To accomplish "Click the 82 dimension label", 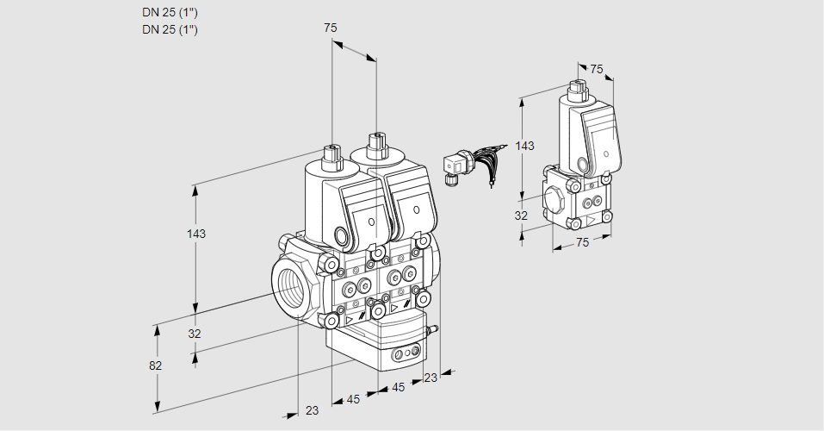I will (155, 365).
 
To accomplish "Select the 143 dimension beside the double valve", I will (196, 234).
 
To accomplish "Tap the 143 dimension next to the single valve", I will (524, 146).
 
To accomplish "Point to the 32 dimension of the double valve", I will (195, 334).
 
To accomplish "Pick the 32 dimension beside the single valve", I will (521, 215).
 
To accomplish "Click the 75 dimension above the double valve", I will (330, 28).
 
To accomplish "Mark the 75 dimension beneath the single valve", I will (582, 243).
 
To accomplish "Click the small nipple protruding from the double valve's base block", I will (433, 329).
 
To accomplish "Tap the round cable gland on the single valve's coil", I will (584, 165).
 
